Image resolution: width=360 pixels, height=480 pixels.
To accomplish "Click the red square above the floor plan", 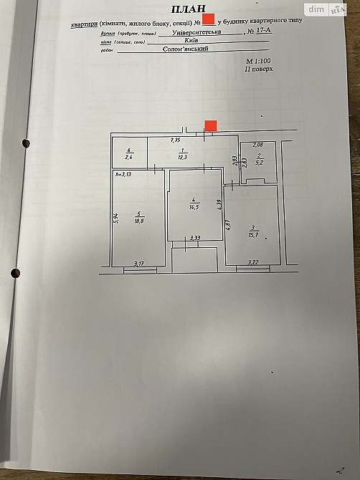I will click(x=211, y=125).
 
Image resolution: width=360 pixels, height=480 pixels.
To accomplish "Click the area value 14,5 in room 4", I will click(x=194, y=207).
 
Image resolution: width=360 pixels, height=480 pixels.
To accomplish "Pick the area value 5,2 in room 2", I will click(x=258, y=161).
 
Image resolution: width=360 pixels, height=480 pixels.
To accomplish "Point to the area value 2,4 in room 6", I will click(x=129, y=157).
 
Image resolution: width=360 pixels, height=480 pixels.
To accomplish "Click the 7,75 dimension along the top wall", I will click(x=174, y=140).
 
